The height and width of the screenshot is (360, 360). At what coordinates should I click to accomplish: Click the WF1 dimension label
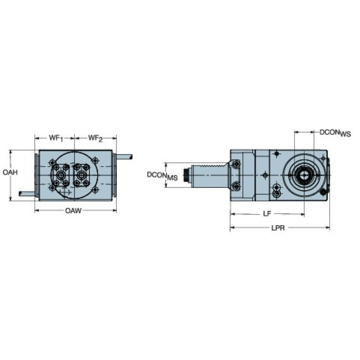pos(56,138)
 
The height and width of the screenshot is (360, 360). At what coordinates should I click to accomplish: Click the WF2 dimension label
pos(95,138)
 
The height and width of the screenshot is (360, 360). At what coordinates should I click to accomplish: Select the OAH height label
pos(10,173)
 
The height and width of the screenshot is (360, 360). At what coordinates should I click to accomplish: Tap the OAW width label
pos(73,211)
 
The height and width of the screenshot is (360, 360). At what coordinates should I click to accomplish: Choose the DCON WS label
pos(335,133)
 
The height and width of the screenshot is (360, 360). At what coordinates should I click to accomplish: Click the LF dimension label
pos(267,214)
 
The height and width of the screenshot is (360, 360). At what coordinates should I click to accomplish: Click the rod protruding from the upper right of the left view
pos(124,157)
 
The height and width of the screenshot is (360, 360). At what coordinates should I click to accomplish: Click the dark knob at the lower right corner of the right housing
pos(323,193)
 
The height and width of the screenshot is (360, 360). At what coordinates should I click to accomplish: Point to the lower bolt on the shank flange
pos(236,187)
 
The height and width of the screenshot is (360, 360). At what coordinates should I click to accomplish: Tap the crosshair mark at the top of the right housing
pos(277,154)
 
